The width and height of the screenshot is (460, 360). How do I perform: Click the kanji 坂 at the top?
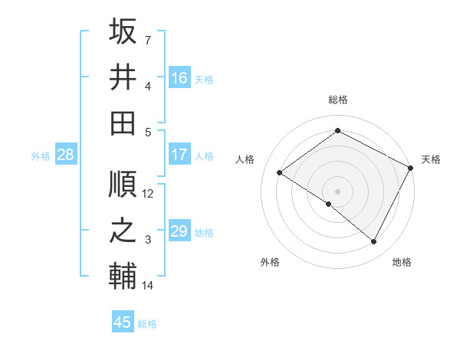[x=123, y=31]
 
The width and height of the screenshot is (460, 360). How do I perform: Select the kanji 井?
[x=123, y=77]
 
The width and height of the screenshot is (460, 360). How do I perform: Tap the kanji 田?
[x=123, y=122]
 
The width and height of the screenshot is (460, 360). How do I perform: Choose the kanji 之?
[x=123, y=231]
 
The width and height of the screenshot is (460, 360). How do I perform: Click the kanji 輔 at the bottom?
[x=123, y=277]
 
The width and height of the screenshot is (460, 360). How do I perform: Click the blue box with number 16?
[x=179, y=77]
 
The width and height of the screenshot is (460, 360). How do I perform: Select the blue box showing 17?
[x=179, y=155]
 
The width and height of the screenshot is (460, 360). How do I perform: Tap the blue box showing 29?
[x=179, y=231]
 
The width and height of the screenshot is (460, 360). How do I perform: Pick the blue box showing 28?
[x=66, y=155]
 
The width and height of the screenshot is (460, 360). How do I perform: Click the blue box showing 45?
[x=123, y=322]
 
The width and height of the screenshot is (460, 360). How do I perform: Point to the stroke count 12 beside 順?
[x=148, y=194]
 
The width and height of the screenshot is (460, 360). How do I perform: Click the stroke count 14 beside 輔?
[x=148, y=286]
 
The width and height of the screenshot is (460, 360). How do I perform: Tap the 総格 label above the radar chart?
[x=337, y=100]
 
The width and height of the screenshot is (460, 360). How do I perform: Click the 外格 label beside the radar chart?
[x=270, y=262]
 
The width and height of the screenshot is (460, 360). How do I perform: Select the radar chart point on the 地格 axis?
[x=374, y=242]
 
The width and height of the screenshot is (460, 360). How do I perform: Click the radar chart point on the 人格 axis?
[x=279, y=172]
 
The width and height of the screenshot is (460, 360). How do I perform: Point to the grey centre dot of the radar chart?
[x=337, y=191]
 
